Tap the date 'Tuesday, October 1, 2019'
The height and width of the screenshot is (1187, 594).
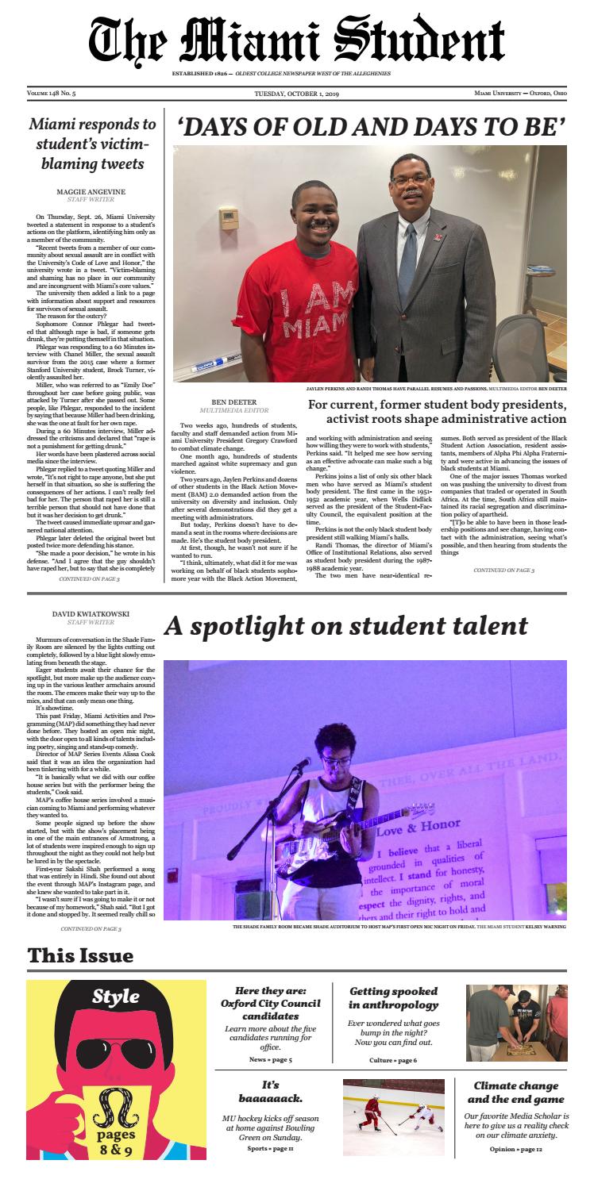[296, 94]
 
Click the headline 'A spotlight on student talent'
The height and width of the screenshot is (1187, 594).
[345, 626]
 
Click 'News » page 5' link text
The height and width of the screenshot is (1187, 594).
[270, 1059]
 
